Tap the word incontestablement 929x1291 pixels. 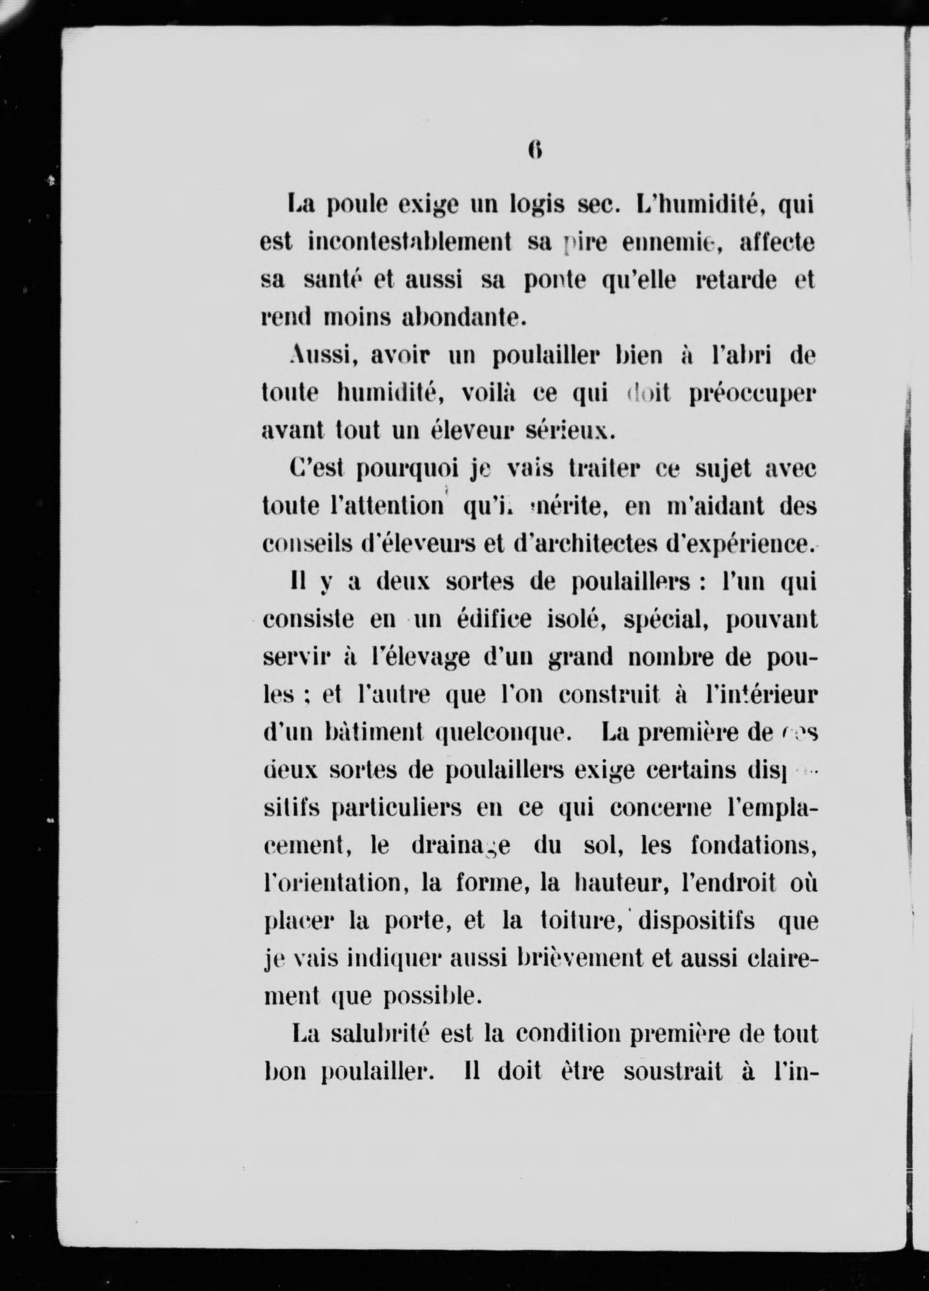pos(410,244)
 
